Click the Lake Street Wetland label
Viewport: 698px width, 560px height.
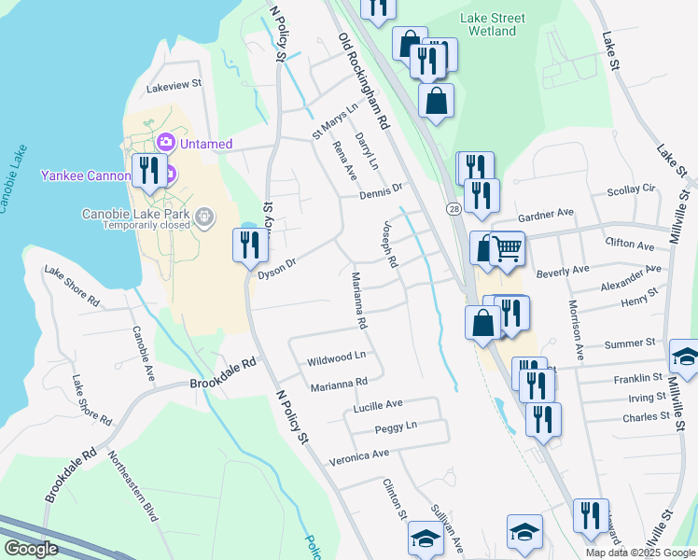[493, 24]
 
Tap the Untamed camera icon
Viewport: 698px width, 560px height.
[166, 142]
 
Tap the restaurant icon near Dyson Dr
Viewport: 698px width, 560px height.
[247, 246]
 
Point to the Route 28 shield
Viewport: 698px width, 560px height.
[454, 208]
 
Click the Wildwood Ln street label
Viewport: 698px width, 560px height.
[336, 357]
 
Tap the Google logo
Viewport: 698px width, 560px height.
[32, 549]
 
